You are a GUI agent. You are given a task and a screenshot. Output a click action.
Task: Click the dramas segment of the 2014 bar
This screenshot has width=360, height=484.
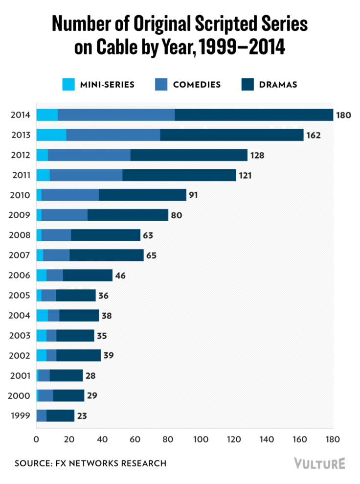coord(254,115)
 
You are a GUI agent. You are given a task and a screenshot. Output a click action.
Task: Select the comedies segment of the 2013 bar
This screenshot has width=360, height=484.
coord(113,135)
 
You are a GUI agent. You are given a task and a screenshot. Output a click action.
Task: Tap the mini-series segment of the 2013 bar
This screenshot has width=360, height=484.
coord(51,135)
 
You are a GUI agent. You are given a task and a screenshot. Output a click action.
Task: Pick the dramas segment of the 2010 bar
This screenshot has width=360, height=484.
coord(142,195)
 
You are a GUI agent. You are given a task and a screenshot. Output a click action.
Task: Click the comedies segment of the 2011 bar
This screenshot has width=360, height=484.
coord(86,175)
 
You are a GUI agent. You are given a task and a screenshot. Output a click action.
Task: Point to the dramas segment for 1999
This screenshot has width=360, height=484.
coord(60,415)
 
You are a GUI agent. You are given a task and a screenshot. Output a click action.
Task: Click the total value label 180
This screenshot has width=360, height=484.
coord(344,115)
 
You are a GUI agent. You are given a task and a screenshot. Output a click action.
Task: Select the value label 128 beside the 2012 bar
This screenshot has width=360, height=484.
coord(257,155)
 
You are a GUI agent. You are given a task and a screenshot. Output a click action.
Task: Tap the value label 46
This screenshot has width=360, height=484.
coord(120,276)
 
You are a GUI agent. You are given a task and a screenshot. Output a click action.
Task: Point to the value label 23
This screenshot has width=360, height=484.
coord(81,416)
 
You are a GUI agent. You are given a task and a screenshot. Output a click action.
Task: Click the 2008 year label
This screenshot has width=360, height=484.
coord(19,235)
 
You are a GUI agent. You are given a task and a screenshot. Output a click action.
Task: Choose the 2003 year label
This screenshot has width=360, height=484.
coord(19,336)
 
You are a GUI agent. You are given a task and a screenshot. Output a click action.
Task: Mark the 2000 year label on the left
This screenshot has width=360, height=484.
coord(19,396)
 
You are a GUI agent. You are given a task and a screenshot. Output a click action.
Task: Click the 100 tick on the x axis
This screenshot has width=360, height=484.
coord(201,439)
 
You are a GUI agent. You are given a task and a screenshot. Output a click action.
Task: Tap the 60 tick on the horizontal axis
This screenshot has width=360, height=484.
coord(135,439)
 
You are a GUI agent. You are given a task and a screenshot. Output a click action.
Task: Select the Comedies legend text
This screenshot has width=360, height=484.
coord(197,85)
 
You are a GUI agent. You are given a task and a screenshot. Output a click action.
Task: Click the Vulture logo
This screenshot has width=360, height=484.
coord(319,463)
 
